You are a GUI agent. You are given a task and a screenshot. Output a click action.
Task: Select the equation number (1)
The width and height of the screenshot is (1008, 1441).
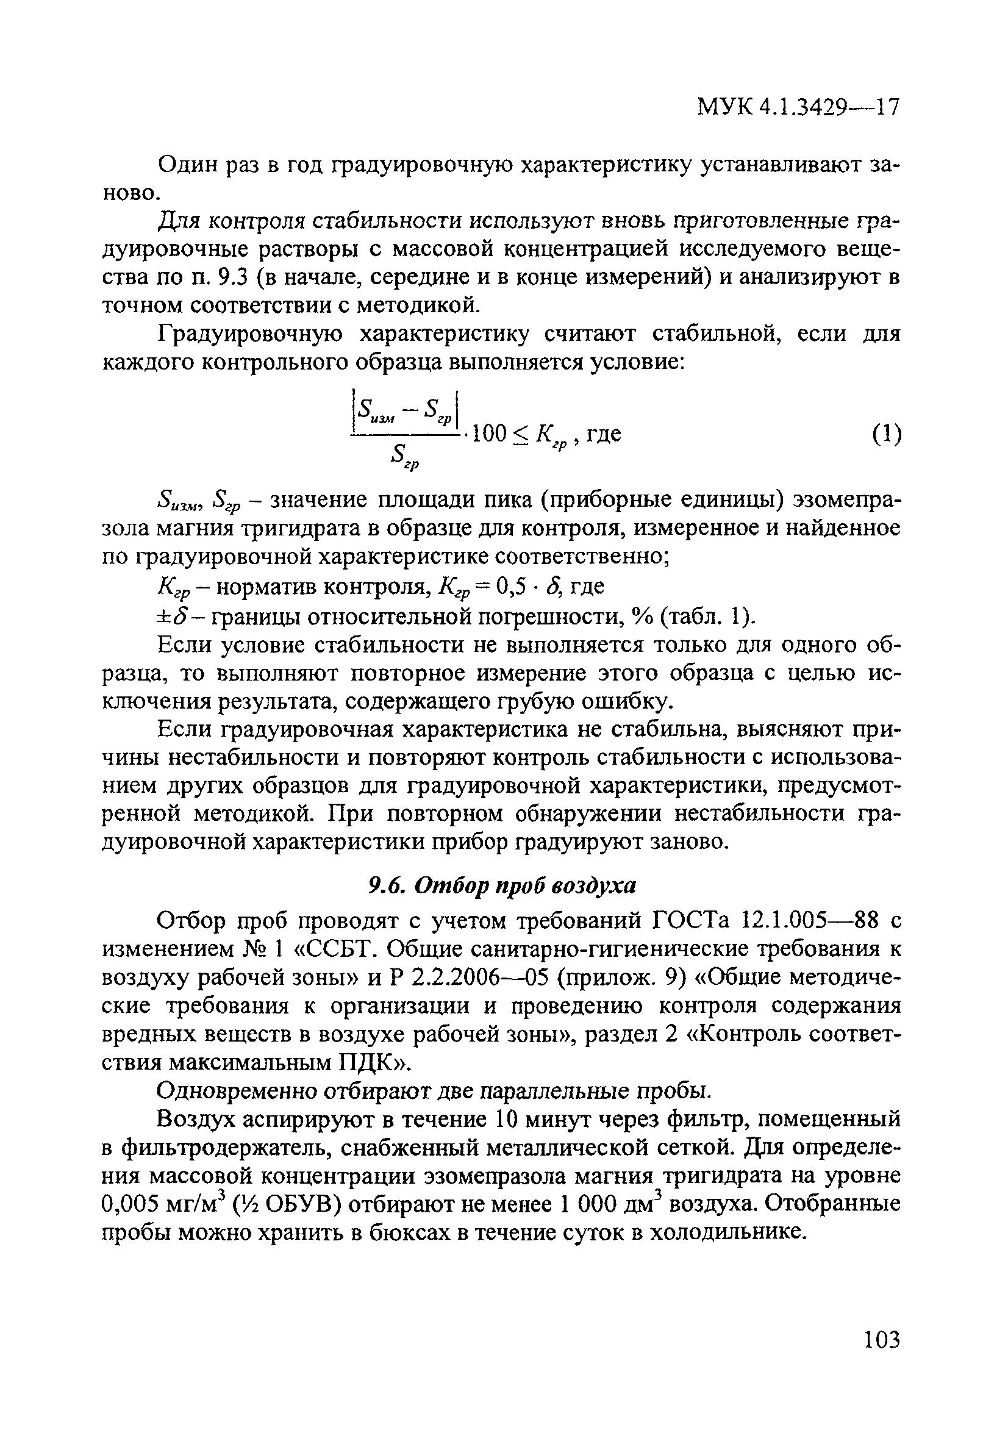coord(886,434)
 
